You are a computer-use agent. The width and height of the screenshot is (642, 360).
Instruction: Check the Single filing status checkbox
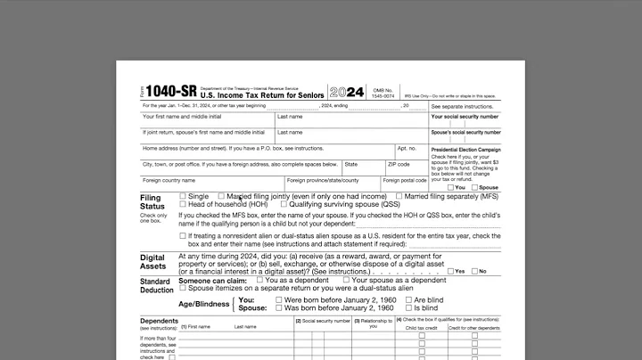coord(183,196)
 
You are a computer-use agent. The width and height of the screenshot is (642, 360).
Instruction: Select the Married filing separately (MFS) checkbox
coord(399,196)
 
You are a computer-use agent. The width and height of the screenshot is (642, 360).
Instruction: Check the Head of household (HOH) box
coord(183,204)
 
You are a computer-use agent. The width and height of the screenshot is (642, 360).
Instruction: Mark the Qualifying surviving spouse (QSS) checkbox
coord(283,204)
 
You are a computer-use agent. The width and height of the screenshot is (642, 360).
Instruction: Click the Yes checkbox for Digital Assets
coord(450,271)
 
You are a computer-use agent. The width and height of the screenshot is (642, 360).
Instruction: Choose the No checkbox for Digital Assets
coord(474,271)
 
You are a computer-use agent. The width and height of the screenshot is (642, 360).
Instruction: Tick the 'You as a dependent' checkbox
coord(259,281)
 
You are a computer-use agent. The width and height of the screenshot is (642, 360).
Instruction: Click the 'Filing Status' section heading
coord(152,201)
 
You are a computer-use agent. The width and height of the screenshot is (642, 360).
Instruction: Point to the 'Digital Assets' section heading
coord(152,262)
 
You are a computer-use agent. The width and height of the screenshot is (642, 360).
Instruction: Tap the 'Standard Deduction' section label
coord(157,285)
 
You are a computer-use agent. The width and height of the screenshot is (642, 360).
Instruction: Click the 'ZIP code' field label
coord(399,165)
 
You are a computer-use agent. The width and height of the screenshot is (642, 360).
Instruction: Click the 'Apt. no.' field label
coord(407,148)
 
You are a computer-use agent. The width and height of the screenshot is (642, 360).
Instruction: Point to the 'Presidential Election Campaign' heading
coord(465,150)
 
